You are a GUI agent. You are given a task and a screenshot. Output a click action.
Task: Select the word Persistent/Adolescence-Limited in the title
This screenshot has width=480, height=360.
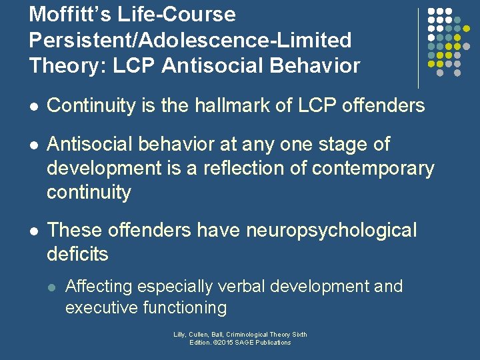point(190,40)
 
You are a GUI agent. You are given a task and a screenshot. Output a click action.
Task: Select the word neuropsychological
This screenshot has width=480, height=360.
point(331,230)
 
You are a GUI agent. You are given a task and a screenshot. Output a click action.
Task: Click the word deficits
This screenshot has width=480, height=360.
point(77,254)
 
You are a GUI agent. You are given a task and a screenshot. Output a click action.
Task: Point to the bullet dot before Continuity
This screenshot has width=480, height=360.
point(34,106)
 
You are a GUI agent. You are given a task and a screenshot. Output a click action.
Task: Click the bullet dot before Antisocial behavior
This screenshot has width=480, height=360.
point(34,145)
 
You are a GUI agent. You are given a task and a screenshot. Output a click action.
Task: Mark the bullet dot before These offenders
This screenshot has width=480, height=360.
point(34,231)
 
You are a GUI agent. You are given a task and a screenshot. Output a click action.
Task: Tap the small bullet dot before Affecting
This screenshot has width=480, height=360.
point(53,287)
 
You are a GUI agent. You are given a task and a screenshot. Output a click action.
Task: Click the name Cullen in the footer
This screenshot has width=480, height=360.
point(199,335)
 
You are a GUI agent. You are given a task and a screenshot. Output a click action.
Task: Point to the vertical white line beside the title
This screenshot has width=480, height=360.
point(419,48)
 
